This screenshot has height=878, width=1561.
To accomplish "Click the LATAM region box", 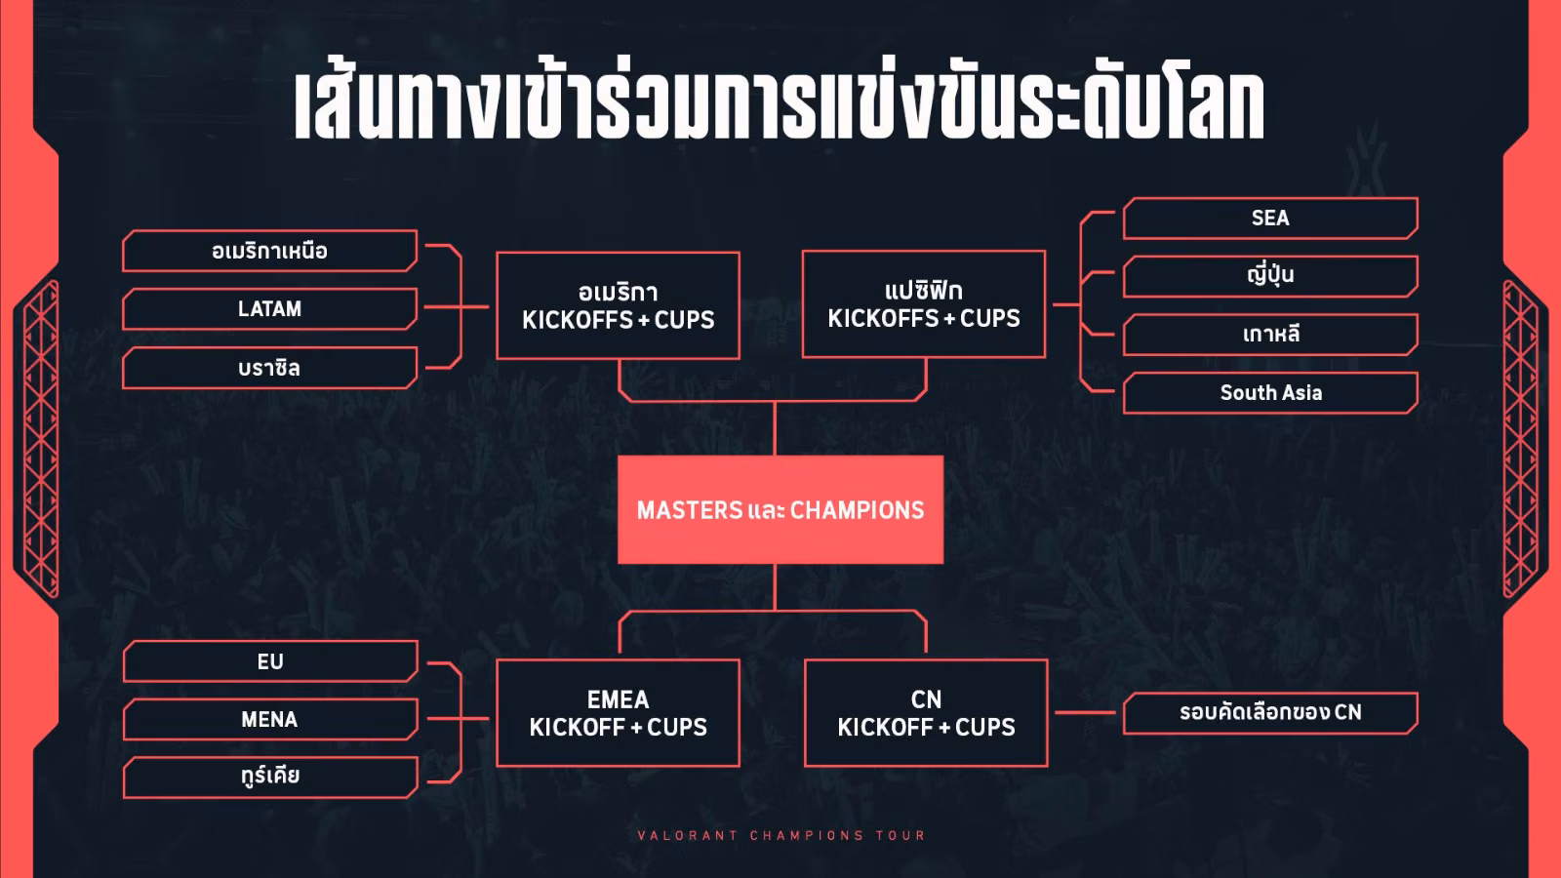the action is [x=269, y=308].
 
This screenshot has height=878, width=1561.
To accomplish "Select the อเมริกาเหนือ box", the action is [x=269, y=250].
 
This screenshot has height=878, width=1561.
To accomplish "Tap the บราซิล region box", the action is [x=269, y=367].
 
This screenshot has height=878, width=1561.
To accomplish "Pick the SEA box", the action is [x=1270, y=219].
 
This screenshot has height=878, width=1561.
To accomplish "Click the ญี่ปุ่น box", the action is [x=1270, y=276].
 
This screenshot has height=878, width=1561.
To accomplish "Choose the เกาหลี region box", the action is [x=1270, y=335].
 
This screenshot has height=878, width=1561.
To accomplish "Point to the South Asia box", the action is [x=1270, y=393].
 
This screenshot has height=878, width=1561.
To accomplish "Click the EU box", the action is [x=270, y=660].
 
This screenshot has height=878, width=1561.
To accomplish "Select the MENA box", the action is [x=270, y=719].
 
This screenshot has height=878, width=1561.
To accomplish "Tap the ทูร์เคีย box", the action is [x=270, y=777].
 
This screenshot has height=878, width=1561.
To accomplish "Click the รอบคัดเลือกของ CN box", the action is [x=1270, y=713].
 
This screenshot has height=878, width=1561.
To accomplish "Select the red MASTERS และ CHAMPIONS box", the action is [x=780, y=509].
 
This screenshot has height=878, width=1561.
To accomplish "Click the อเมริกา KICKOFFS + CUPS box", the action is [x=619, y=306].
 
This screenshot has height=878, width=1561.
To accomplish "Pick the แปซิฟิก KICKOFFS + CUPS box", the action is [x=924, y=304].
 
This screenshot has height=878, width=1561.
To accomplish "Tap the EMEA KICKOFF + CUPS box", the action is [x=619, y=713].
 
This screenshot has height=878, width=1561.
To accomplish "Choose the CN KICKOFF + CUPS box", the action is [x=926, y=713].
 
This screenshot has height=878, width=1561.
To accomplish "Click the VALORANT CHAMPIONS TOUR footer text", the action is [x=781, y=835].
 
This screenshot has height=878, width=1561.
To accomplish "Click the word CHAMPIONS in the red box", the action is [x=858, y=510].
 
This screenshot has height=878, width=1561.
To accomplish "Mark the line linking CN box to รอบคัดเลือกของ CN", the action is [x=1086, y=712].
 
